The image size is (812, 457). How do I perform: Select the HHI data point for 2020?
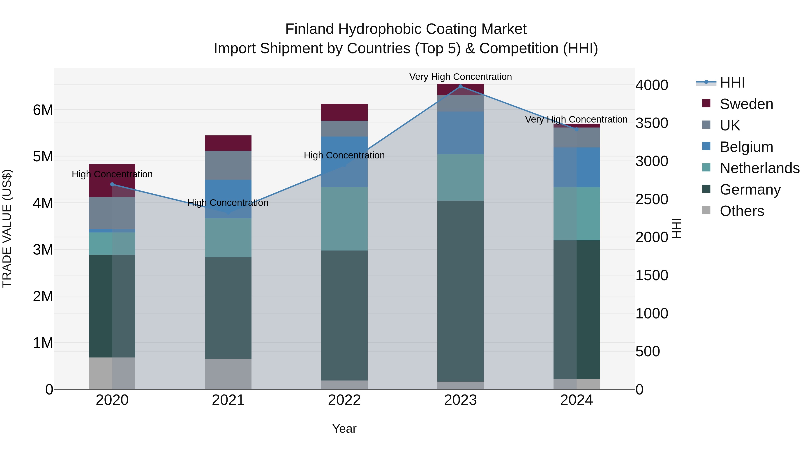[112, 185]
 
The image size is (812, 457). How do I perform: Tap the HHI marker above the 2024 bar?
[577, 129]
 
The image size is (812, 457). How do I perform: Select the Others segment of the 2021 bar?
[228, 374]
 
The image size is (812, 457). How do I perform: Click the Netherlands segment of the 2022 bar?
[344, 218]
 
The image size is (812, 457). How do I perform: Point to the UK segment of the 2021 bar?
[228, 165]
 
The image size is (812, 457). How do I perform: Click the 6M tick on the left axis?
[43, 110]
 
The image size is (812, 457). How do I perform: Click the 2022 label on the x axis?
[344, 400]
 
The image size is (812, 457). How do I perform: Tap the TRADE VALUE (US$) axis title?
[7, 228]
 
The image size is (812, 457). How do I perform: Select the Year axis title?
[344, 429]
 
